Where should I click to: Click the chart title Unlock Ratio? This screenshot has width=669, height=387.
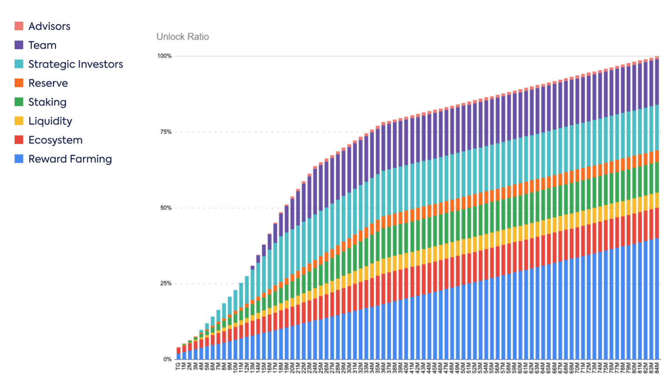point(183,37)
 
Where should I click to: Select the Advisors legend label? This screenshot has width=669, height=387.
point(49,26)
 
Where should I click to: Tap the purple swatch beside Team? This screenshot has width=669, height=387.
point(19,45)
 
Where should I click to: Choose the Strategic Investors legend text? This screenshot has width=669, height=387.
point(75,64)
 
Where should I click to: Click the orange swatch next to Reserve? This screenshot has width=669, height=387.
point(19,83)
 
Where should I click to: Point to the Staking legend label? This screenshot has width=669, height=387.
point(47,102)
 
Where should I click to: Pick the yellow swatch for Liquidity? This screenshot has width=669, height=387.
point(19,121)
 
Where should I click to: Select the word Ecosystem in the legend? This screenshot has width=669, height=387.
point(55,140)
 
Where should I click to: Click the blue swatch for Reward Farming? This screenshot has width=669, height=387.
point(19,159)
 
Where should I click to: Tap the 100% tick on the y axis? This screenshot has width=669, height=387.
point(164,56)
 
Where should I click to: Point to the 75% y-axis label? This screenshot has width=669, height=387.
point(166,132)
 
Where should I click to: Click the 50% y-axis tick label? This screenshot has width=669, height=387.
point(166,208)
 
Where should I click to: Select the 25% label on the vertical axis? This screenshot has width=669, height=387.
point(166,283)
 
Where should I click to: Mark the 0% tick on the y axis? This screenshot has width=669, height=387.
point(168,359)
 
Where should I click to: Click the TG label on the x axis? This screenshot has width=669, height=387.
point(178,366)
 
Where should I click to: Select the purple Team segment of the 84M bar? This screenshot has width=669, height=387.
point(657,82)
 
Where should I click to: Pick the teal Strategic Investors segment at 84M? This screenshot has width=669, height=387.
point(657,128)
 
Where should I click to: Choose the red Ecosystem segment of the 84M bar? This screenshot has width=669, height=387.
point(657,223)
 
